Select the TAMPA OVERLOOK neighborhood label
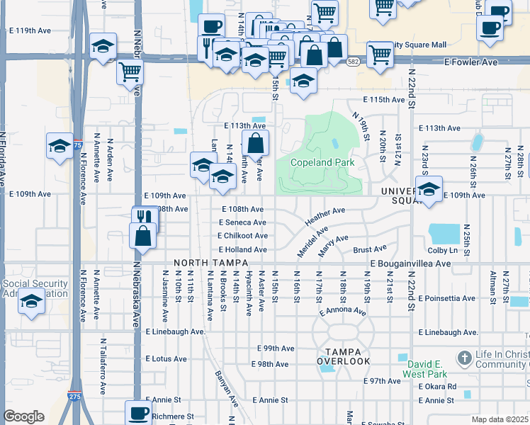point(344,356)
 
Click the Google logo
point(23,416)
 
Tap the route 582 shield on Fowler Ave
point(352,63)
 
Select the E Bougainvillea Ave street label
point(410,263)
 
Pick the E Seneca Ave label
point(242,222)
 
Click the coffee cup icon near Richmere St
point(138,412)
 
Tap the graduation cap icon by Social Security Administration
point(30,302)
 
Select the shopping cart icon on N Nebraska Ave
point(130,71)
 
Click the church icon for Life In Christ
point(465,356)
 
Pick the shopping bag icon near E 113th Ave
point(255,142)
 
